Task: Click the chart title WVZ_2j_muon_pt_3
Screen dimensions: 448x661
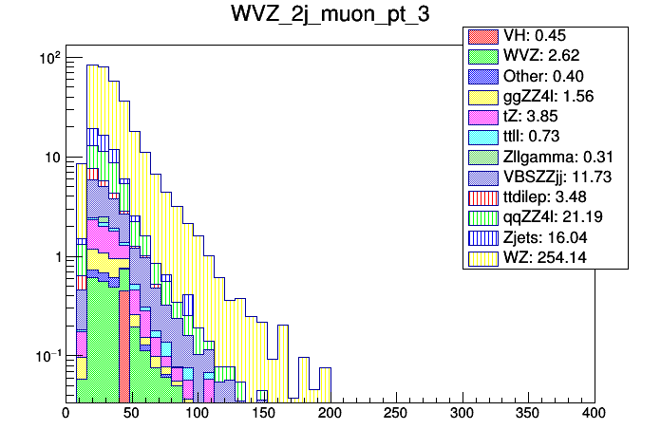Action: click(330, 14)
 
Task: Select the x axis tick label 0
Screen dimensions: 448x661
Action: click(66, 414)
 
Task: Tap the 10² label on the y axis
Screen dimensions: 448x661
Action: click(49, 59)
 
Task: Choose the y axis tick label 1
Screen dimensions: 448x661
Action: click(56, 257)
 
